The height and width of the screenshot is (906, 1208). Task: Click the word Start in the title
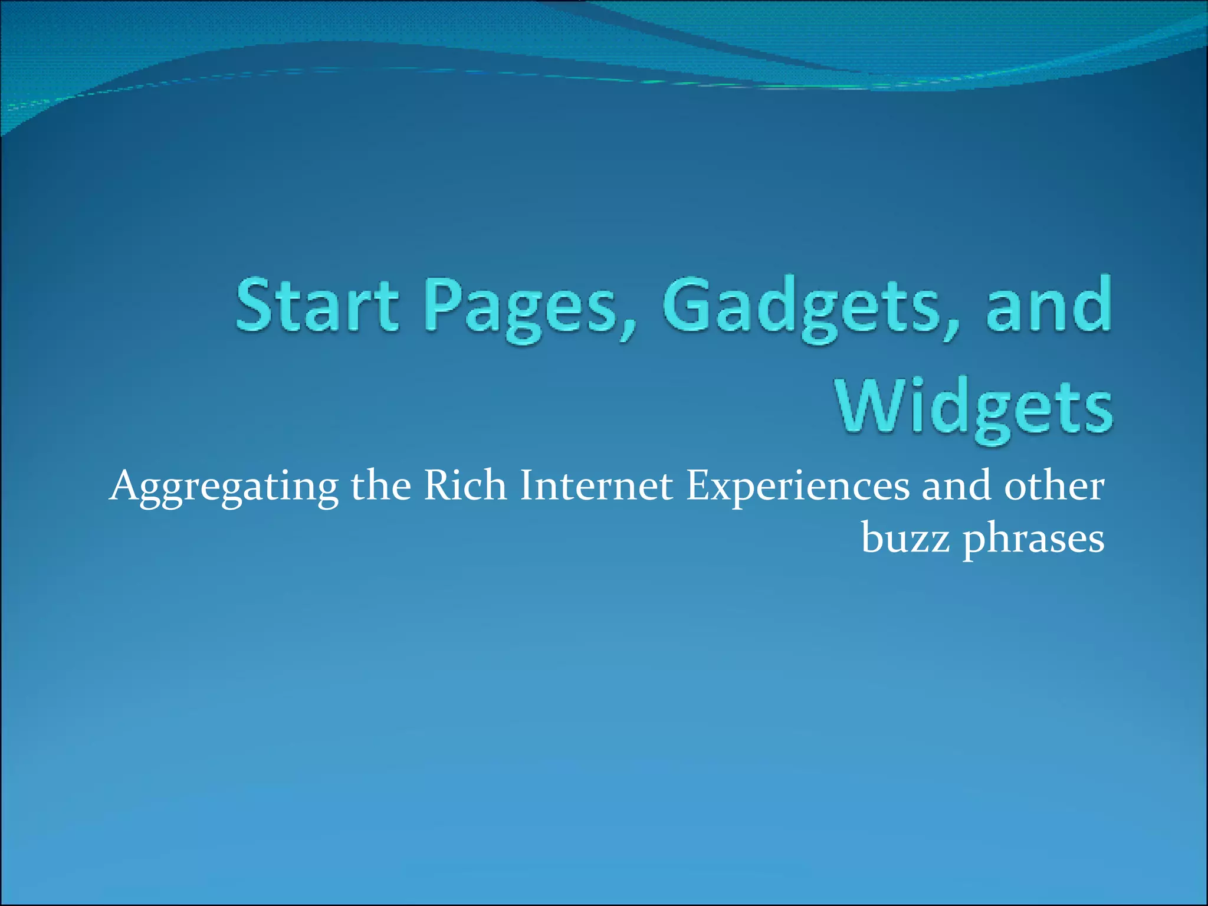[317, 304]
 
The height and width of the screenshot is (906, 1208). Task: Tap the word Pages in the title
[521, 308]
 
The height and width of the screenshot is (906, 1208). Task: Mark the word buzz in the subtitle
[905, 538]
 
